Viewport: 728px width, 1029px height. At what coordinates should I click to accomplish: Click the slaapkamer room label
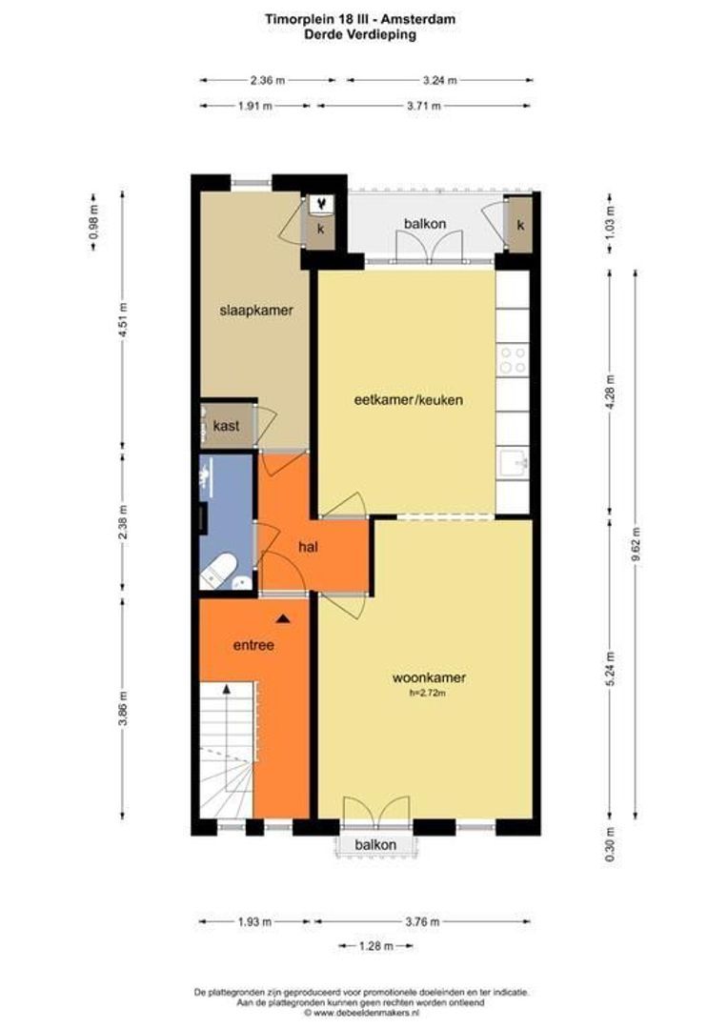coord(256,311)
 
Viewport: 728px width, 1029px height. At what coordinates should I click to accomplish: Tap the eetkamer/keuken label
coord(409,399)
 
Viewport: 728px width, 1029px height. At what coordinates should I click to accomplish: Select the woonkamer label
coord(430,678)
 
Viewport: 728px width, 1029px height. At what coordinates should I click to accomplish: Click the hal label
coord(308,546)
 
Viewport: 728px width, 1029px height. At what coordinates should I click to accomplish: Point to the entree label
coord(253,645)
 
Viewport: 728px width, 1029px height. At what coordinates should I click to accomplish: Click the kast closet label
coord(226,426)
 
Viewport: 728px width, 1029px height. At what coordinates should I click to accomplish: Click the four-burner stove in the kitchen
coord(513,360)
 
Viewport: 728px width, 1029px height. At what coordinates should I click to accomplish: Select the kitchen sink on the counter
coord(514,464)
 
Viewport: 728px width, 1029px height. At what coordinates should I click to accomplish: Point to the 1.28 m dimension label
coord(376,946)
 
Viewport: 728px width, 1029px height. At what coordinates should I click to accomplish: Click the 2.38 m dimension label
coord(123,523)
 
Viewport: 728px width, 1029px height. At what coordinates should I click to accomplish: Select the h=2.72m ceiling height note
coord(428,693)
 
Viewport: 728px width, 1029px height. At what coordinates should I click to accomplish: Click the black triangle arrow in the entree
coord(283,618)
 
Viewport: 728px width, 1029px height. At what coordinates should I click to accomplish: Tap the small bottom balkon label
coord(375,844)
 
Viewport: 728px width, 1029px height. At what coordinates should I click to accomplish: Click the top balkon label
coord(425,224)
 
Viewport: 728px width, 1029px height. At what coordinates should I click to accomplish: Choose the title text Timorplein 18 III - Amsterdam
coord(360,20)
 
